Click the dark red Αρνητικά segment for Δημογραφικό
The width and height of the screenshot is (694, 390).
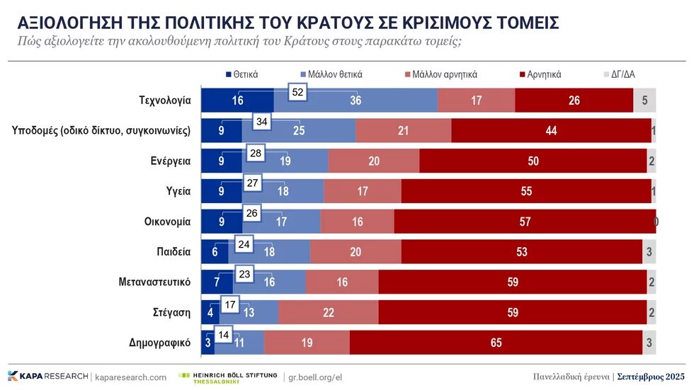[x=496, y=343]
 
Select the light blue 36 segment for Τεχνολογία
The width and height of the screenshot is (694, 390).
[x=355, y=101]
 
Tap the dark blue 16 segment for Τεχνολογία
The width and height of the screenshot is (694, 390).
[x=237, y=101]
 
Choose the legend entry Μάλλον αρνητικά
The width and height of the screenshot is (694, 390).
[x=440, y=74]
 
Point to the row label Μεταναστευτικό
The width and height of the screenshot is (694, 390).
[x=154, y=282]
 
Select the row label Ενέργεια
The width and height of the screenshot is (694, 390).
[x=170, y=161]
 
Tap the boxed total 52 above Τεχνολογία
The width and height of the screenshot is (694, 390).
[x=298, y=92]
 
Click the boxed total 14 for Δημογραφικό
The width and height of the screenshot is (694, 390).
[x=224, y=334]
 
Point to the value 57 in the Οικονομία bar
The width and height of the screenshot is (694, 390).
[x=525, y=222]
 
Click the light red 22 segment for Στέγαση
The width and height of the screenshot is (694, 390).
[x=328, y=312]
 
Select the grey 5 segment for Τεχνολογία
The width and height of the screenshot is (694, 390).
[x=644, y=101]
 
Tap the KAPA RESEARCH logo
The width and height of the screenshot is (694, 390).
[x=47, y=377]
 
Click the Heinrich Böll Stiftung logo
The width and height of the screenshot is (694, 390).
[x=227, y=377]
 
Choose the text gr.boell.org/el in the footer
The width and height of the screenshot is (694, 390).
[x=317, y=377]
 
